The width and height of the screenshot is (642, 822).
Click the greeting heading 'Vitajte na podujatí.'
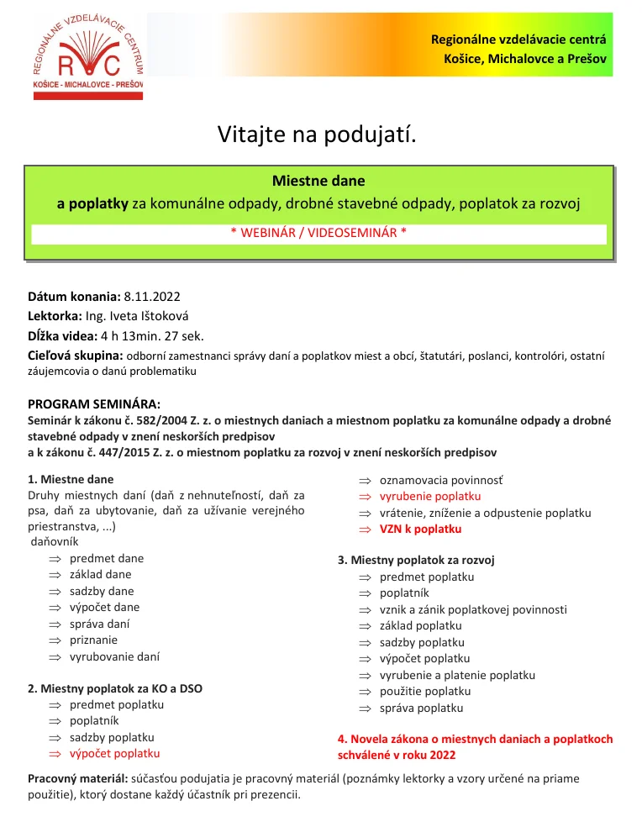pos(318,134)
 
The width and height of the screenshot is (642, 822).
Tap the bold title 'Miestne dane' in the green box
pos(318,181)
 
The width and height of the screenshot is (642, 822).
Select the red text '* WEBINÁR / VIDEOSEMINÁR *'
pos(318,233)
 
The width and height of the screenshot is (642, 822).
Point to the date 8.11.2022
pos(152,297)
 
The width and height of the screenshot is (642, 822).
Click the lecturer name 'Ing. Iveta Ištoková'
pos(139,316)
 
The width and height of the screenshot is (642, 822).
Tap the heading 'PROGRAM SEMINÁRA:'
pos(94,404)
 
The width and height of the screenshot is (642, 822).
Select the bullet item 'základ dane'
pos(100,575)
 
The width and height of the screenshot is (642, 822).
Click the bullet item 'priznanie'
pos(94,640)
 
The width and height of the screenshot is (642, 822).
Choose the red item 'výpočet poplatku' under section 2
pos(114,754)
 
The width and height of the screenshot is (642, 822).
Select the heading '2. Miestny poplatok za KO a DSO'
pos(115,688)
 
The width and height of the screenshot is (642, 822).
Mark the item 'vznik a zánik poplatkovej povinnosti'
pos(473,609)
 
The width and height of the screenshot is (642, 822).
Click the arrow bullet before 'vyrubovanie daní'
pos(55,657)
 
